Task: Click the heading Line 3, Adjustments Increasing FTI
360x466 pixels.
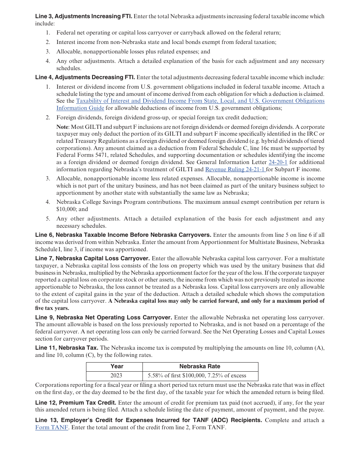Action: (x=84, y=16)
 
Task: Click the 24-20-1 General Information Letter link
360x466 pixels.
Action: (x=278, y=162)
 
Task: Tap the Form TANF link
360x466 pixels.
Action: (x=52, y=427)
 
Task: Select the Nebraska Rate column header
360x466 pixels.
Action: (x=200, y=366)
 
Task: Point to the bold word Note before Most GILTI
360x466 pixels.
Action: (x=62, y=127)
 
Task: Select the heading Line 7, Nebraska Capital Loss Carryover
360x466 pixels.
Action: (x=92, y=258)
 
